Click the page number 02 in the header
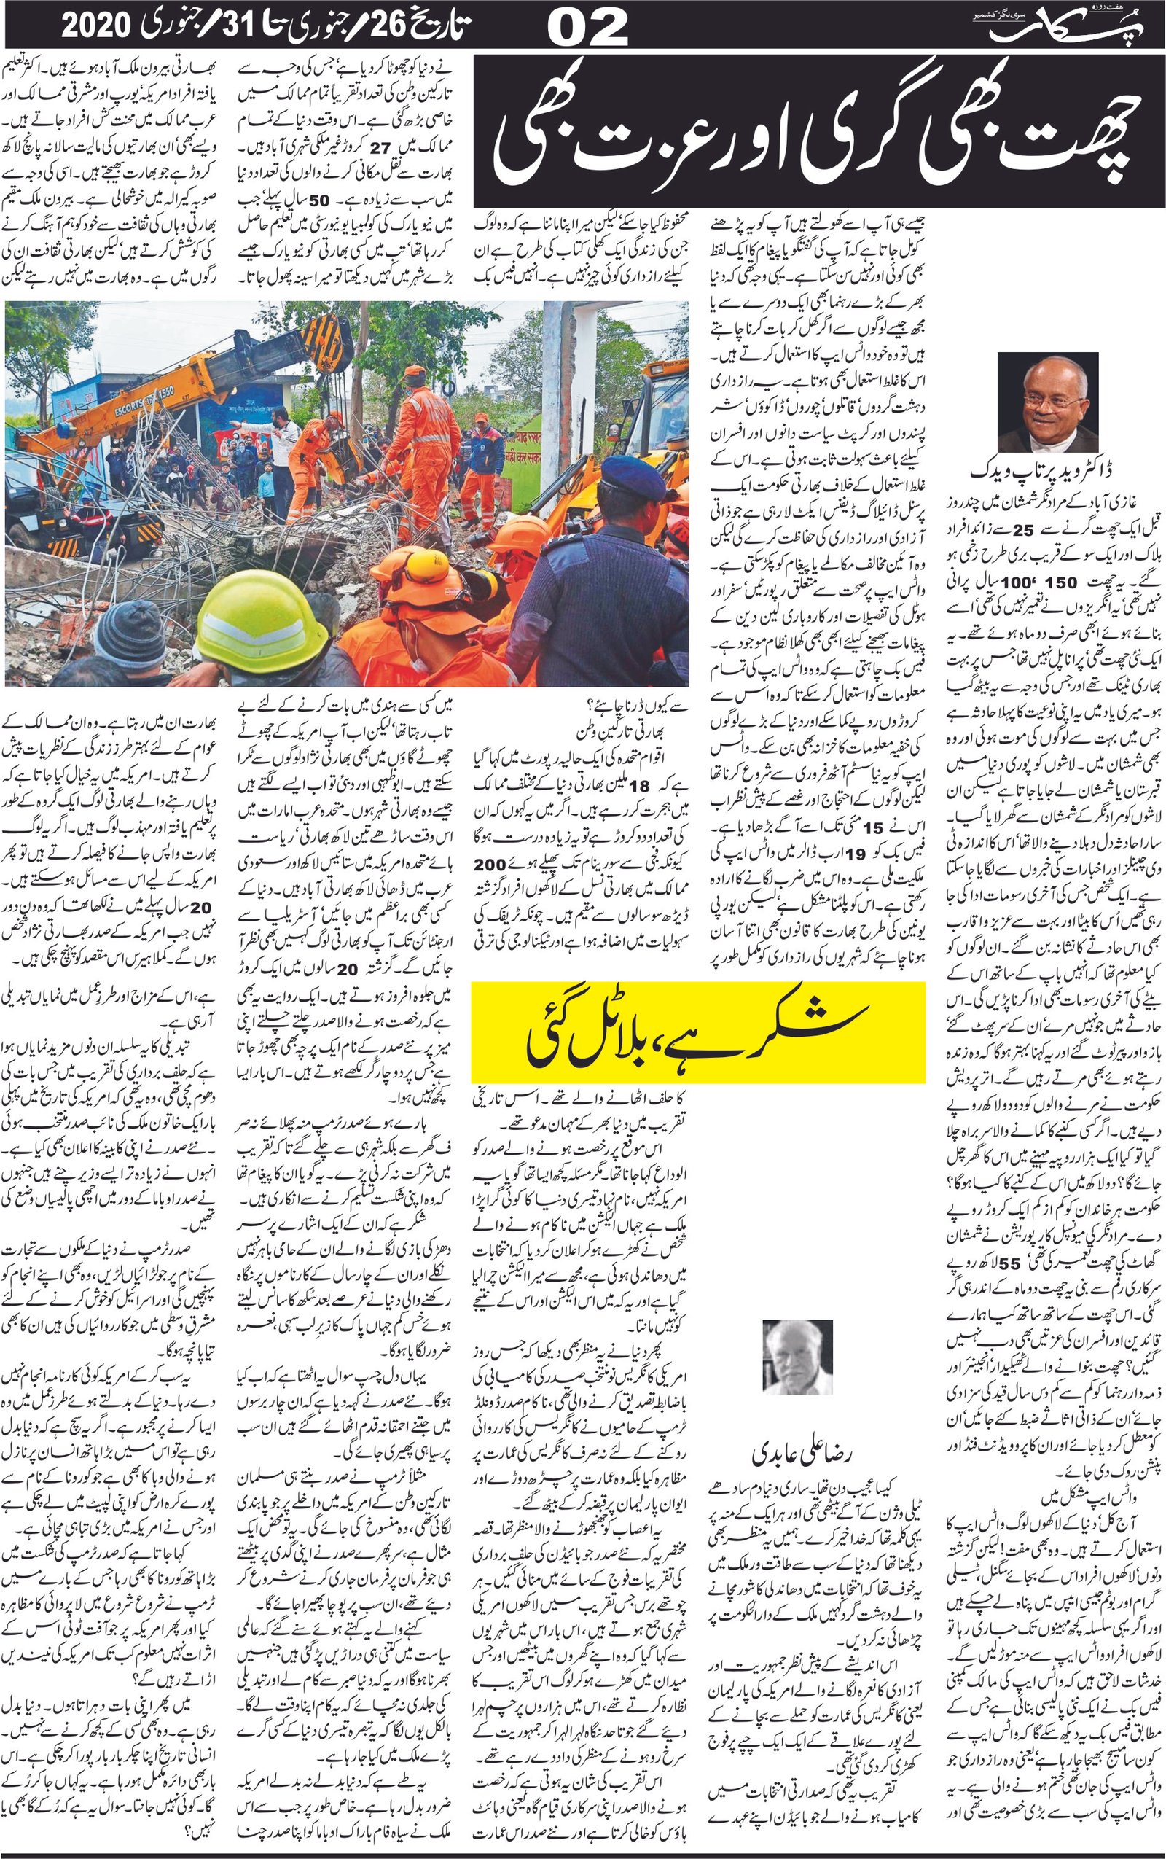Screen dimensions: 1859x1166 pos(587,29)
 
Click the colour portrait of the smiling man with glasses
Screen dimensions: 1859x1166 pos(1046,402)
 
